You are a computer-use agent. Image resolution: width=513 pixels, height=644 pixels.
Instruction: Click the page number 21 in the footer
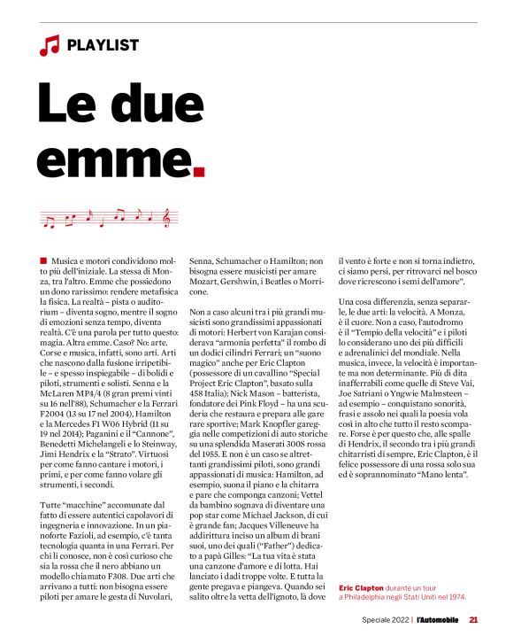pyautogui.click(x=474, y=619)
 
